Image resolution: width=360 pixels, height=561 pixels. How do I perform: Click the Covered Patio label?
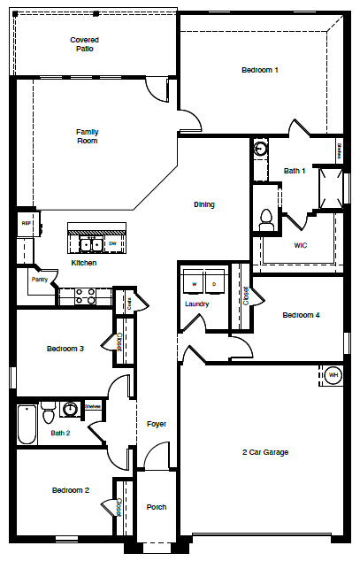(84, 44)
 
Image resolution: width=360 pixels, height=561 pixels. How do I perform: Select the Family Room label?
(87, 136)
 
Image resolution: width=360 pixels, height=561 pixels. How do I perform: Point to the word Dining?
(204, 204)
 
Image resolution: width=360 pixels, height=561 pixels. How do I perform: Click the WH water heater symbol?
(333, 374)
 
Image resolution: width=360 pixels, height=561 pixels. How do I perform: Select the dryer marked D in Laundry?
(214, 284)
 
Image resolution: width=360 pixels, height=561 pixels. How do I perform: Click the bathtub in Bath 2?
(27, 424)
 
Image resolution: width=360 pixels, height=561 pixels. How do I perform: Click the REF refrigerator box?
(26, 225)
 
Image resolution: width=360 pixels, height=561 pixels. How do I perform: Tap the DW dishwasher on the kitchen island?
(113, 242)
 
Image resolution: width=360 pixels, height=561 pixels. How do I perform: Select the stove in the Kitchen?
(85, 296)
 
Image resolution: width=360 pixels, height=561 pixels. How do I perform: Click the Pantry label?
(39, 280)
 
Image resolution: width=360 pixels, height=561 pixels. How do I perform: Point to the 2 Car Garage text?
(265, 452)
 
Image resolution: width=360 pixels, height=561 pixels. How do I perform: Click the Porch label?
(156, 507)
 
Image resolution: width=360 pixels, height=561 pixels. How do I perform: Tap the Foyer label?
(156, 424)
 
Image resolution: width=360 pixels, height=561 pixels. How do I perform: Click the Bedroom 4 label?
(301, 315)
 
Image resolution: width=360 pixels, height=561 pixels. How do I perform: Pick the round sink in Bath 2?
(70, 409)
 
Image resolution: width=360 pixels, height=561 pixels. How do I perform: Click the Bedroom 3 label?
(65, 349)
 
